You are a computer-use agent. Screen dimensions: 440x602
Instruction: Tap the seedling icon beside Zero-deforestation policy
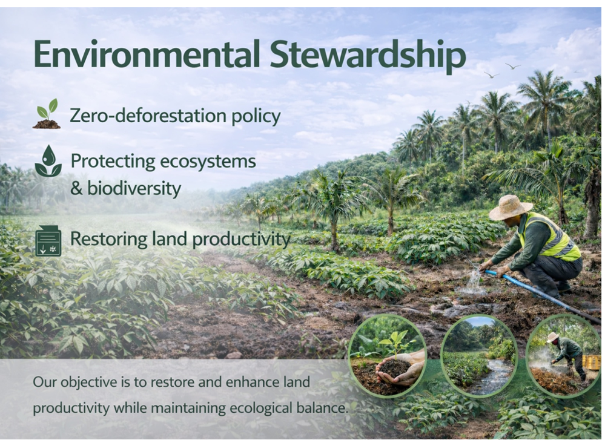point(47,114)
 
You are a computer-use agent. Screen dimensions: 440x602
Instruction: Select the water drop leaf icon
point(48,161)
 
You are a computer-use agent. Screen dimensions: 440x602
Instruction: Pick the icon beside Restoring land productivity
point(48,240)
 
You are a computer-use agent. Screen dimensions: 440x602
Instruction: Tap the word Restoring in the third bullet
point(102,238)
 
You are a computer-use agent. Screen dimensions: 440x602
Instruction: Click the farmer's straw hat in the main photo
point(511,207)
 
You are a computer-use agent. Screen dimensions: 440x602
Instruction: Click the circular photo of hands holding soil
point(387,355)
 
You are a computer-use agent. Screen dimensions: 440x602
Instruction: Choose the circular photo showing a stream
point(479,355)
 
